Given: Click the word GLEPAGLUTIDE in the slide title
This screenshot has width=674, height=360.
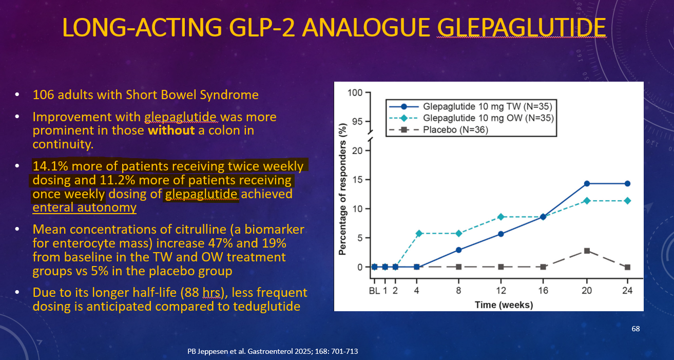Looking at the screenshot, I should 521,27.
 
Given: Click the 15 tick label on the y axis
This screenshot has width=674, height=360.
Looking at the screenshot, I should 357,180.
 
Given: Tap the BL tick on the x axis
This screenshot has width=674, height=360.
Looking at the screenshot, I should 374,291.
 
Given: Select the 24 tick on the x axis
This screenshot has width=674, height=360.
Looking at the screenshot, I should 627,291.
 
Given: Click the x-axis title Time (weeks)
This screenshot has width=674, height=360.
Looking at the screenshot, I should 504,305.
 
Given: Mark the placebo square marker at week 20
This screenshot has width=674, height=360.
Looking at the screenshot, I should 587,251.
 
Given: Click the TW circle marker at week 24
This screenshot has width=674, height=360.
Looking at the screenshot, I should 627,183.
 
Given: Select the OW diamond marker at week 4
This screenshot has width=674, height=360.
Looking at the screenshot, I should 417,234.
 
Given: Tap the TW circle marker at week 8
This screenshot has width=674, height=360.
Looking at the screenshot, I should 458,250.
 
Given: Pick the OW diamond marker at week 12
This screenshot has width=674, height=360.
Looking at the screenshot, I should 501,217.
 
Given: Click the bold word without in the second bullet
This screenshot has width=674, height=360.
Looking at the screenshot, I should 171,130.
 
